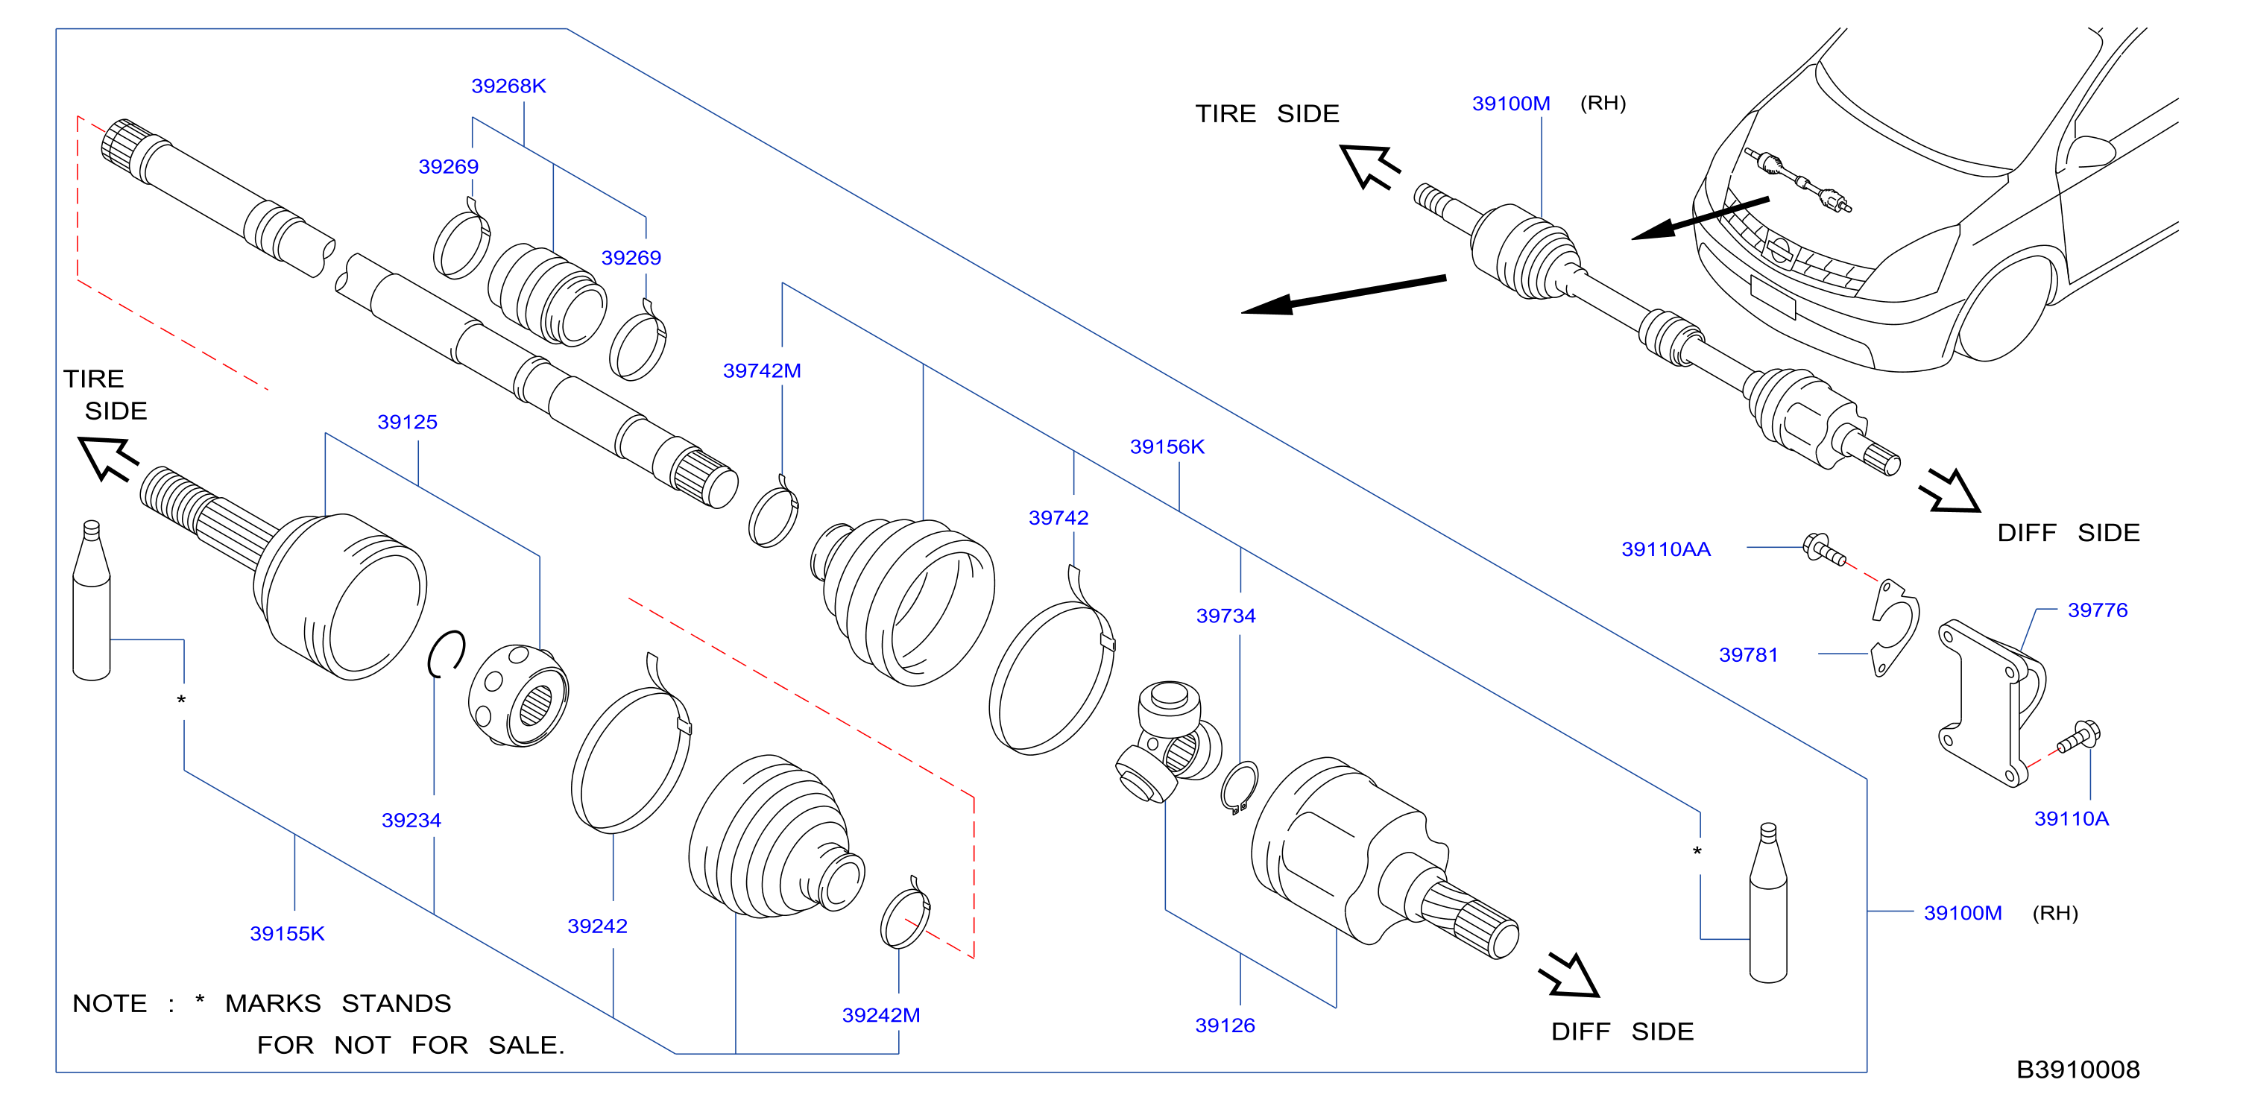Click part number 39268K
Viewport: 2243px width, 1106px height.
(x=508, y=86)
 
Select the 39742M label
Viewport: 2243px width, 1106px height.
(x=762, y=370)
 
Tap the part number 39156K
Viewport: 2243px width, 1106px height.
(x=1167, y=446)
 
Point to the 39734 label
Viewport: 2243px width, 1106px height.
(x=1225, y=616)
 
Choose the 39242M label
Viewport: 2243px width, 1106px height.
(x=880, y=1014)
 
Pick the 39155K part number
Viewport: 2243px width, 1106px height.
(x=286, y=934)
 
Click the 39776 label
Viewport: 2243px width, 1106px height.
(x=2097, y=610)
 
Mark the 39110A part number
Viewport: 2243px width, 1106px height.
(x=2071, y=818)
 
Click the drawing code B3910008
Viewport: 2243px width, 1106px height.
(x=2078, y=1069)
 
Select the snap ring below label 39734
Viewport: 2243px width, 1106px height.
(x=1239, y=787)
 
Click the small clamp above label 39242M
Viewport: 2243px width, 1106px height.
(x=906, y=913)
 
